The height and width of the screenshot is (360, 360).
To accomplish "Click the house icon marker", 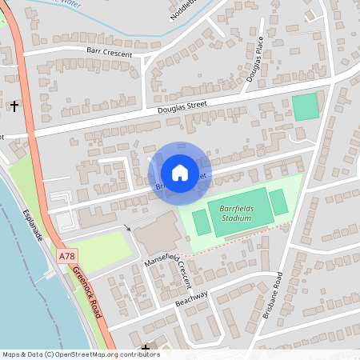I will pyautogui.click(x=180, y=172).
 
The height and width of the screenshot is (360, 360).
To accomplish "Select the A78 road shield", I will pyautogui.click(x=69, y=256).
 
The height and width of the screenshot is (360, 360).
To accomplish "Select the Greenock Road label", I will pyautogui.click(x=87, y=293).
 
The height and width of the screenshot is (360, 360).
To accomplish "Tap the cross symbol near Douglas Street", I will pyautogui.click(x=14, y=106).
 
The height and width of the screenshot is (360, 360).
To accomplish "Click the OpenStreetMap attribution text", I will pyautogui.click(x=80, y=354).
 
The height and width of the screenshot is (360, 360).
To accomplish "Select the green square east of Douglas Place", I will pyautogui.click(x=304, y=107).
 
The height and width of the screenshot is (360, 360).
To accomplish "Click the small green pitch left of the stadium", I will pyautogui.click(x=202, y=222).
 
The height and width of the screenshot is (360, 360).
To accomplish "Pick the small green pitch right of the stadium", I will pyautogui.click(x=278, y=203).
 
